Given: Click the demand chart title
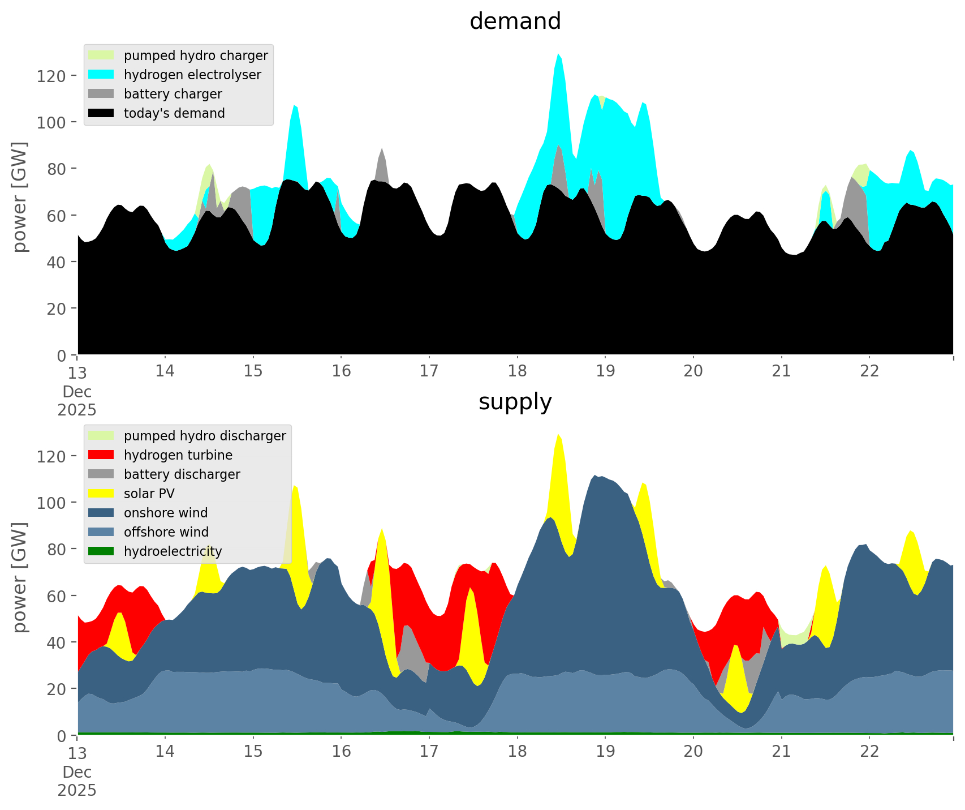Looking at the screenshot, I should tap(515, 22).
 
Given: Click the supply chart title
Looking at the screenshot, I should tap(515, 402).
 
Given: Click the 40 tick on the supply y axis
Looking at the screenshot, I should tap(56, 642).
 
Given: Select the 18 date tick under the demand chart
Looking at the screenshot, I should tap(517, 371).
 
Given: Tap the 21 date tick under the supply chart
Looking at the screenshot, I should tap(781, 751).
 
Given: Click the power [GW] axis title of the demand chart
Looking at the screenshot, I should tap(20, 197).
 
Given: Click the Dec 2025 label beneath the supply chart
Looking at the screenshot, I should tap(77, 781).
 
